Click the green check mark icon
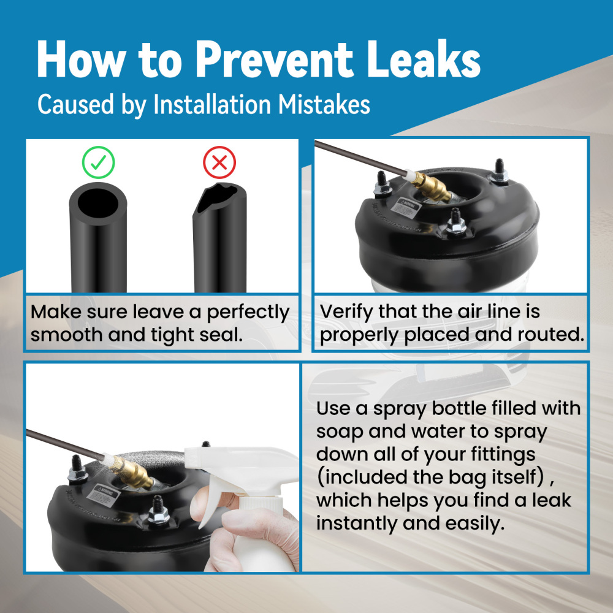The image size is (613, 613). pyautogui.click(x=98, y=162)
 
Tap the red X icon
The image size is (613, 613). pyautogui.click(x=219, y=162)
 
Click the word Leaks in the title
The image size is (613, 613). pyautogui.click(x=424, y=60)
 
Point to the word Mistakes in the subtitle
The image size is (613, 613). pyautogui.click(x=324, y=105)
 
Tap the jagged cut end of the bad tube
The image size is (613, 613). pyautogui.click(x=218, y=198)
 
